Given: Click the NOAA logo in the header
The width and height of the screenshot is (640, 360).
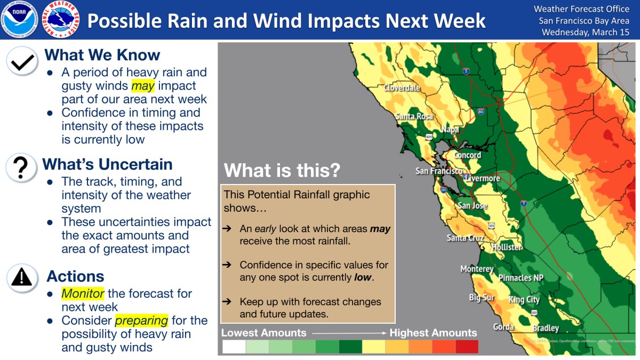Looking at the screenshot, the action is [19, 19].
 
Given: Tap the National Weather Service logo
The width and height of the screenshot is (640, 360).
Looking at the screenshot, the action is [61, 19].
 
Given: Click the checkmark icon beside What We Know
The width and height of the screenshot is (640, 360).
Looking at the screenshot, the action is [22, 61].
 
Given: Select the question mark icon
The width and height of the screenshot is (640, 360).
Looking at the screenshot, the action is [21, 167].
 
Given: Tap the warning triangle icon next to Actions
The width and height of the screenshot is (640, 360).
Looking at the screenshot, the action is [22, 278].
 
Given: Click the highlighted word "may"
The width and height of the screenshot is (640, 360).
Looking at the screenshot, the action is [143, 86].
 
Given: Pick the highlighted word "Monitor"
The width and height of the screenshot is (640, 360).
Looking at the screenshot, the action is [83, 293].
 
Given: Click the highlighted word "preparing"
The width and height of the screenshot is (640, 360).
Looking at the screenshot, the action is [141, 321].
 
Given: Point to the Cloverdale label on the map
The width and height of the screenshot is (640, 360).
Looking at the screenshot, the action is [402, 87].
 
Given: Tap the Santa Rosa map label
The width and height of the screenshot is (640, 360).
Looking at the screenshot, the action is [414, 116].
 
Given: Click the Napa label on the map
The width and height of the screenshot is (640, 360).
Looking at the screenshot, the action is [450, 130].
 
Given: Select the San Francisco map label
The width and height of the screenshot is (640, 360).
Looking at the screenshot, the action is [439, 171].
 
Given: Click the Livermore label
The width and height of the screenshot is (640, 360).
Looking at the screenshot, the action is [482, 179].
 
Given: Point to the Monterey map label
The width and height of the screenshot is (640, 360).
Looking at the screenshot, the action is [477, 269].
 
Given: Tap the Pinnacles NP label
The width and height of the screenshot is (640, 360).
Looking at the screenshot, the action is [521, 278].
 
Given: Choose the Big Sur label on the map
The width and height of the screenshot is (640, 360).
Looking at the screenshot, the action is [482, 298].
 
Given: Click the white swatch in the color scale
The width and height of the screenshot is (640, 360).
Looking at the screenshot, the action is [234, 347].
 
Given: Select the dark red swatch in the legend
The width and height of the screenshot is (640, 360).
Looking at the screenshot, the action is [467, 347].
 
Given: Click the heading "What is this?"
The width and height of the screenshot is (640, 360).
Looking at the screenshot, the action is [282, 170].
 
